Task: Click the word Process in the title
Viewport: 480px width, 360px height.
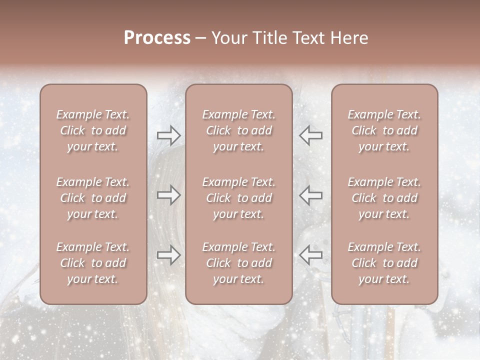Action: tap(157, 38)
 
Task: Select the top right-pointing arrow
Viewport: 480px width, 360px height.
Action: tap(168, 135)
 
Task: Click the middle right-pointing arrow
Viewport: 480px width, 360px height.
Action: tap(168, 195)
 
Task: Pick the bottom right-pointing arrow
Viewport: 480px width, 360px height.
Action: tap(168, 255)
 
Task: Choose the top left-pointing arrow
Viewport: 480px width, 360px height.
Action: tap(311, 135)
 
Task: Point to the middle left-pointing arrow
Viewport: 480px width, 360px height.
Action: tap(311, 195)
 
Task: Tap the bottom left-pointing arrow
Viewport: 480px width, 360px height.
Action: tap(311, 255)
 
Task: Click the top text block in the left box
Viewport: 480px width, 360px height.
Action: tap(93, 130)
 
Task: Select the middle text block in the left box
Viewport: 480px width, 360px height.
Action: tap(93, 198)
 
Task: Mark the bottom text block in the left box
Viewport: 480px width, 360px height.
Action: tap(93, 263)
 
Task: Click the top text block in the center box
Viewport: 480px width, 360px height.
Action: tap(239, 130)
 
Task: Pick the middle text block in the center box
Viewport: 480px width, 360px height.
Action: tap(239, 198)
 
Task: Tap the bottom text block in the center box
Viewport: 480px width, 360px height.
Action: tap(239, 263)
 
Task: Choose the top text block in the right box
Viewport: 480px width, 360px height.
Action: tap(384, 130)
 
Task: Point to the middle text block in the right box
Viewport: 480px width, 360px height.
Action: tap(384, 198)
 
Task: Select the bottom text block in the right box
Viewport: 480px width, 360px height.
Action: tap(384, 263)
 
